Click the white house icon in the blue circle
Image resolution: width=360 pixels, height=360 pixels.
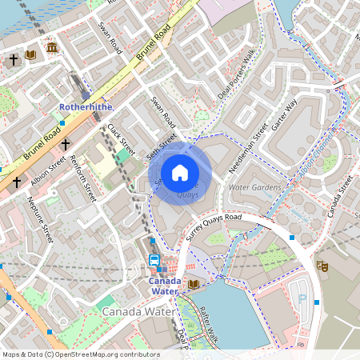(x=180, y=173)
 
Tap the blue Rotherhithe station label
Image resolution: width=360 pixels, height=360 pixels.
(x=86, y=106)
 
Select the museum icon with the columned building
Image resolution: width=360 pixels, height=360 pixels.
(x=52, y=49)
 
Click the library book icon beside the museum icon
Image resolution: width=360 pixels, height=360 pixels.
(x=31, y=55)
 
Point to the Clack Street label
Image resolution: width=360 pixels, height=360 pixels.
(x=120, y=139)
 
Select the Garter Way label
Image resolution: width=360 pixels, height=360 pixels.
(x=284, y=114)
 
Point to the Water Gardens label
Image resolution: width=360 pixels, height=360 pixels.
(x=255, y=187)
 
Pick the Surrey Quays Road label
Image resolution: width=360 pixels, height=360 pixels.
(x=214, y=227)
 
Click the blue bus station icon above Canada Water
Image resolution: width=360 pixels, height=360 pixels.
(x=154, y=260)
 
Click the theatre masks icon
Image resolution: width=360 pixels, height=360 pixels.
(x=322, y=265)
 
